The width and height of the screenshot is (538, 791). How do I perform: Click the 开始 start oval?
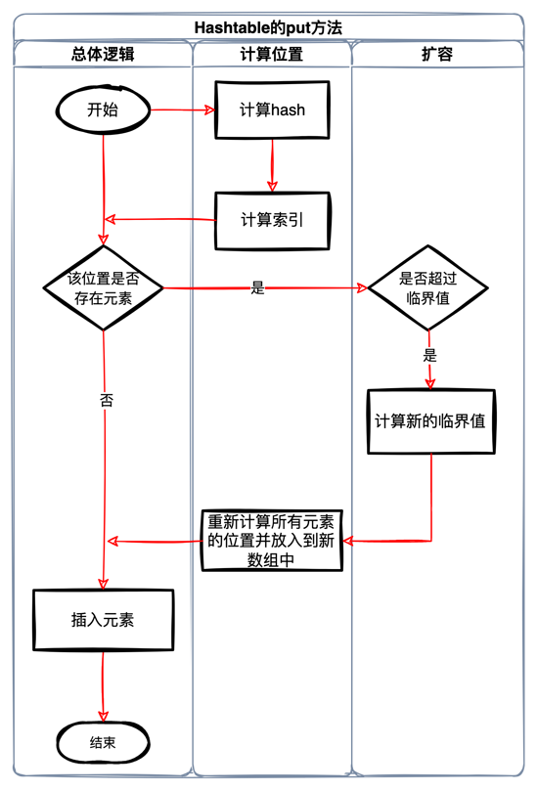tap(103, 110)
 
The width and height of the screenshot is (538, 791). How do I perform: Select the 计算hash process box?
tap(273, 110)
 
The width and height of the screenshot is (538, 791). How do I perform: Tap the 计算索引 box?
tap(273, 219)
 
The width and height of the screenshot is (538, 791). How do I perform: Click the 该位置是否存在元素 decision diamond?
tap(102, 287)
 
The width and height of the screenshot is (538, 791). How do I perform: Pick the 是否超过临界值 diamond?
tap(426, 287)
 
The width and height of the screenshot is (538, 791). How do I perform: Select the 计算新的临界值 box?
tap(431, 421)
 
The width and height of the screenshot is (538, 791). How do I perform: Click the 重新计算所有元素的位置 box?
tap(273, 541)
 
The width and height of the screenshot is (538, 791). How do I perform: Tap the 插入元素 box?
tap(103, 620)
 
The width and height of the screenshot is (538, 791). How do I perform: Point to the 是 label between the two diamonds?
tap(258, 287)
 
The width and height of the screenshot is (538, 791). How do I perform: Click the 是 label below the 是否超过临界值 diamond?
tap(429, 355)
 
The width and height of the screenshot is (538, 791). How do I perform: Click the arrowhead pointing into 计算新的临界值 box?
tap(429, 383)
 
